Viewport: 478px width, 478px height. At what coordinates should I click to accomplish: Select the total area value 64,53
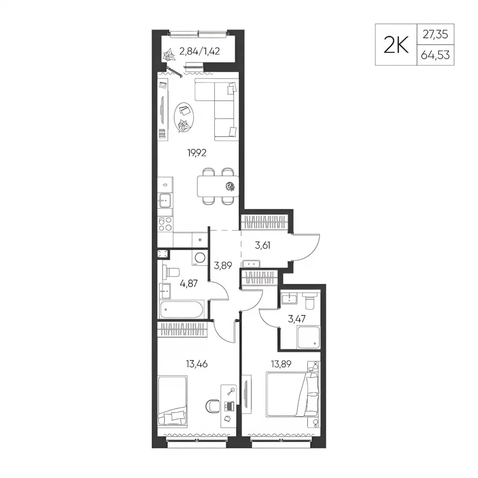tap(436, 55)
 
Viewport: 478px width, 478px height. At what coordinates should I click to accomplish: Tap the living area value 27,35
tap(436, 35)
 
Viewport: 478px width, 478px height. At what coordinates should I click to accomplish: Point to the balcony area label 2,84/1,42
tap(200, 51)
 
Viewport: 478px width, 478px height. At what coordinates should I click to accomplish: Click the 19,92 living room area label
tap(197, 153)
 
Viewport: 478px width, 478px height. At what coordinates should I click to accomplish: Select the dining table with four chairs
tap(218, 186)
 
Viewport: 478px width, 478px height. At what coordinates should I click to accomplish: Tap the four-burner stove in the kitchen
tap(165, 224)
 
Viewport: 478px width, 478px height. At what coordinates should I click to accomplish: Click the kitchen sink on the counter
tap(165, 201)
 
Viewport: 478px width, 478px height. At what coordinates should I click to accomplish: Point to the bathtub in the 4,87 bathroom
tap(182, 309)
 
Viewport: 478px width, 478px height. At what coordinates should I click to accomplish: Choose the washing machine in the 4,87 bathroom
tap(200, 258)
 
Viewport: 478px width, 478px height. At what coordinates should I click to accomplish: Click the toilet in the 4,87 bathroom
tap(171, 272)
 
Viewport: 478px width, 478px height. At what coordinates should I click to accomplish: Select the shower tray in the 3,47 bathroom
tap(309, 337)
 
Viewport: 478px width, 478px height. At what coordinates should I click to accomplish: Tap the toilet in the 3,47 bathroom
tap(310, 300)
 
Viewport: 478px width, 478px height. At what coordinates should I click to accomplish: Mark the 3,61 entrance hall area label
tap(262, 245)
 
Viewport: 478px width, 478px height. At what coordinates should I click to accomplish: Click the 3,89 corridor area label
tap(223, 266)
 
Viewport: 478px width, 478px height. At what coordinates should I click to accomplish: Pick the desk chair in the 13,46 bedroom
tap(213, 406)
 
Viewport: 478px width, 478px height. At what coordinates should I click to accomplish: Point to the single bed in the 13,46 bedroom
tap(173, 400)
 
